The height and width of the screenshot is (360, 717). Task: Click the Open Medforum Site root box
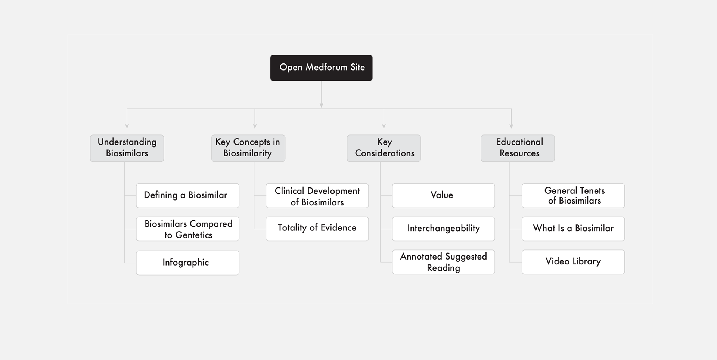(321, 68)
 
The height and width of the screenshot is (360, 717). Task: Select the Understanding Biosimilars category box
(127, 148)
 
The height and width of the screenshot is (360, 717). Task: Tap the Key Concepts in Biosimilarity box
(248, 148)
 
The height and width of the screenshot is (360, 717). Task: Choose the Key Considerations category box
(384, 148)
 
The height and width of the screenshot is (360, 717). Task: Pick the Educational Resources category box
(518, 148)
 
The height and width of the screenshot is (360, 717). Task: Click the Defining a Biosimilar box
(187, 196)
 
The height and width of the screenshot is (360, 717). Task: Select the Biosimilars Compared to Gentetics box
(187, 229)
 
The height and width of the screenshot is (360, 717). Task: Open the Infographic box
(187, 263)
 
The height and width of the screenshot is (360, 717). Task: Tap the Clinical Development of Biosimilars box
(317, 196)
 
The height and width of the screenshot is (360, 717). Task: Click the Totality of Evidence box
(317, 229)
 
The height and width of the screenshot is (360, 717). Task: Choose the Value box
(443, 196)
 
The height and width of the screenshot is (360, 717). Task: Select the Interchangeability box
(443, 229)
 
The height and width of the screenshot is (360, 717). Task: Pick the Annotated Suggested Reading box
(443, 262)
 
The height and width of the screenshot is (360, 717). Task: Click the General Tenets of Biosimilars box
(573, 196)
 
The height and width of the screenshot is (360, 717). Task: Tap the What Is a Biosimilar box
(573, 229)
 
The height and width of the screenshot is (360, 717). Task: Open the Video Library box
(573, 262)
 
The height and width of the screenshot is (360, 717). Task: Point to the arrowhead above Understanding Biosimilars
(127, 127)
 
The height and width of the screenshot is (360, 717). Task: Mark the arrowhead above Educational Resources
(511, 127)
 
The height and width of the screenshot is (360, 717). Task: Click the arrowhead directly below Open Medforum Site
(321, 106)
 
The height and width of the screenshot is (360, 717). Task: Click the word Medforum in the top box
(326, 67)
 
